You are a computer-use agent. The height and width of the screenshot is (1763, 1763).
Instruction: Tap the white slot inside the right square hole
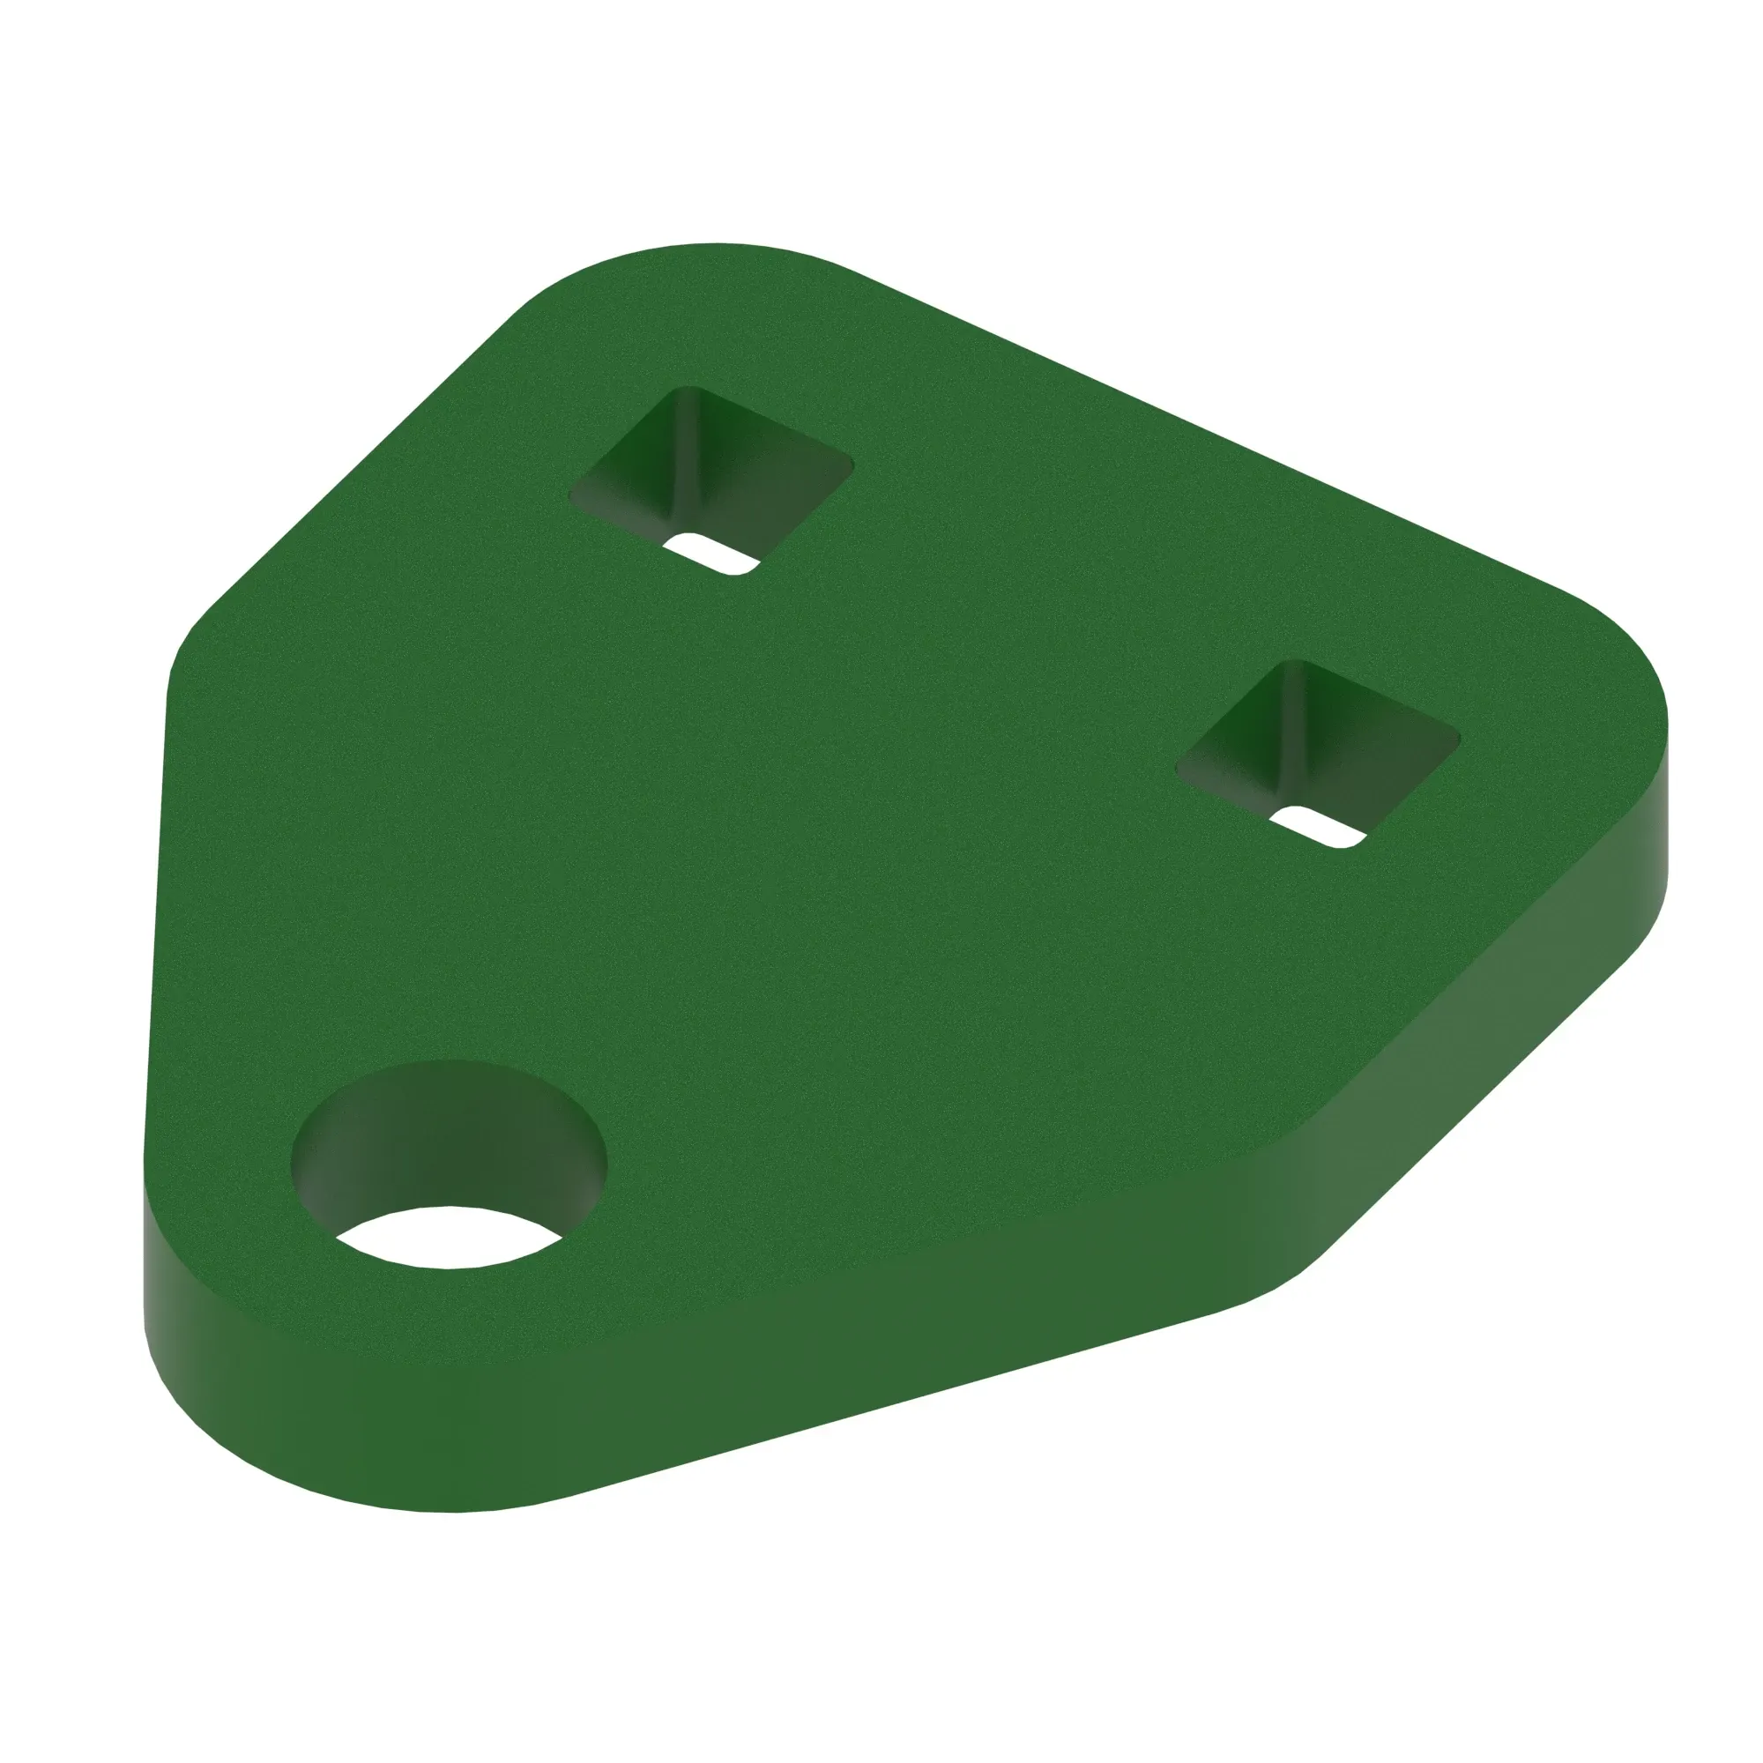coord(1320,826)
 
